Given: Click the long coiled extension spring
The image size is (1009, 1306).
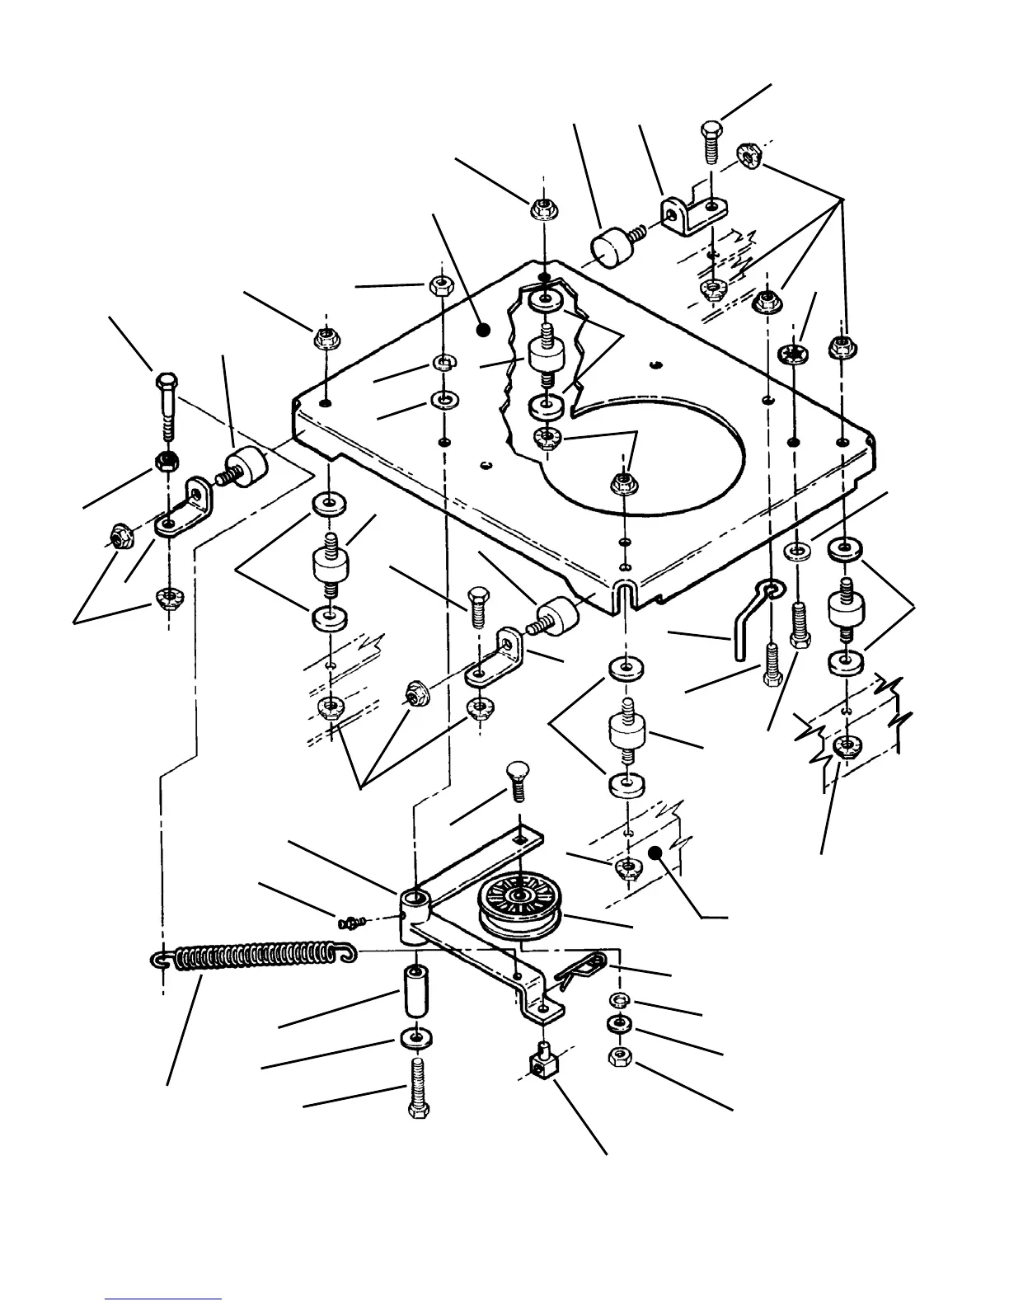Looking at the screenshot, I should pyautogui.click(x=256, y=959).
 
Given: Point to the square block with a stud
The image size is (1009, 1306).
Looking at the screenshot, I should pyautogui.click(x=541, y=1062).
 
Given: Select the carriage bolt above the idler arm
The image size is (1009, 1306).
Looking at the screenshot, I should pyautogui.click(x=518, y=779).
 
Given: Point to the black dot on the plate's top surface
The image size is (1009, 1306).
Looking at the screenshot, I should pyautogui.click(x=484, y=330).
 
